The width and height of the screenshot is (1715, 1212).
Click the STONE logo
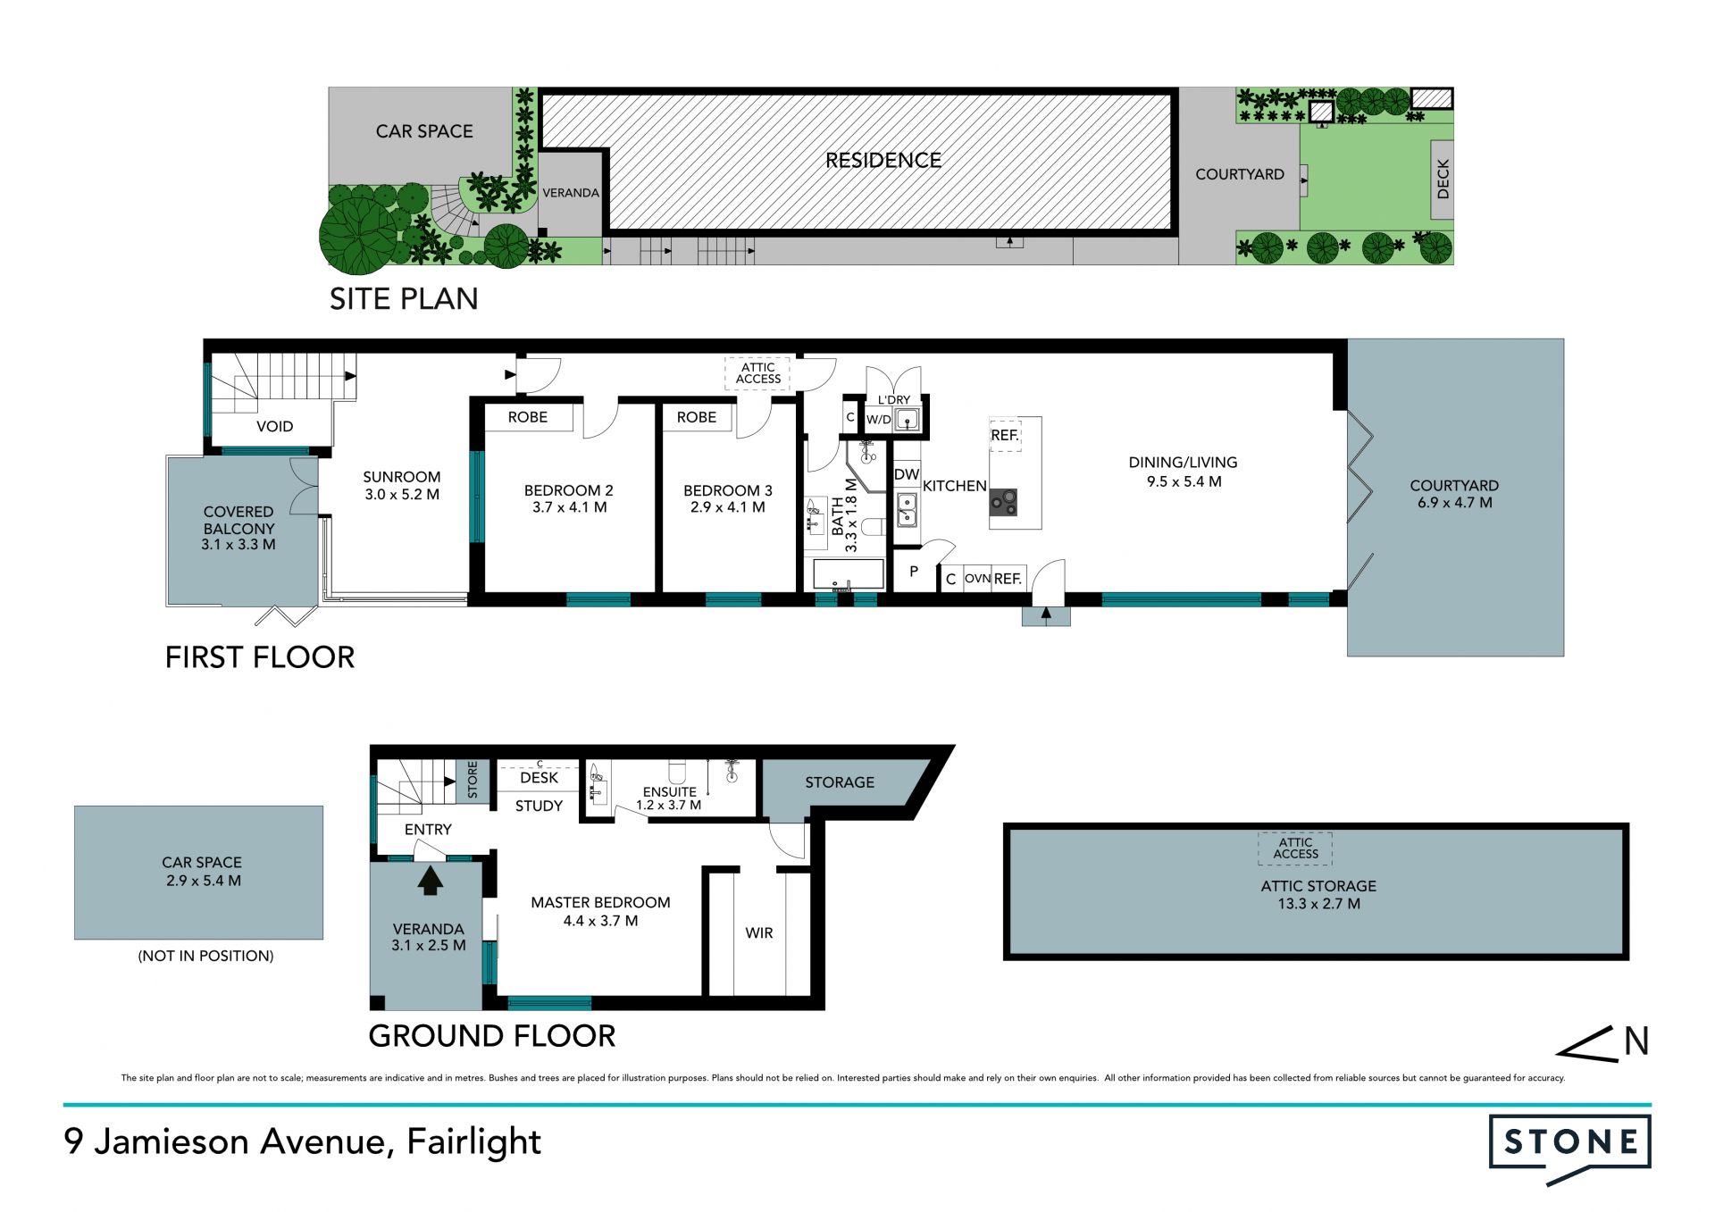tap(1569, 1149)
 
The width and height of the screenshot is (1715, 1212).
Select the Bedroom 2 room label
tap(568, 490)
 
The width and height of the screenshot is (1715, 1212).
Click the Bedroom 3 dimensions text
tap(727, 507)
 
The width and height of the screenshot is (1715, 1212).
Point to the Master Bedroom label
tap(600, 903)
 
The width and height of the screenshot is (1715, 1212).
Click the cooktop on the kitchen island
tap(1003, 502)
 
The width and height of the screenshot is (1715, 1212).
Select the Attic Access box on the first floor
tap(757, 373)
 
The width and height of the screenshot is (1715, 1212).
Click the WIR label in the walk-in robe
tap(759, 933)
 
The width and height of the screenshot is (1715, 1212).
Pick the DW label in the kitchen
tap(907, 474)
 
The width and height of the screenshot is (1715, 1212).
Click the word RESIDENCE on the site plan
tap(883, 161)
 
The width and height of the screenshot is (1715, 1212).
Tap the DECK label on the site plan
tap(1443, 180)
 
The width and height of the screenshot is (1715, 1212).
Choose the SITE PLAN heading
tap(404, 298)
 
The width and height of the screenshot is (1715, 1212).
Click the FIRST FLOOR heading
tap(260, 657)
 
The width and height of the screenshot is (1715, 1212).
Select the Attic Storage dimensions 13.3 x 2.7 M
tap(1318, 904)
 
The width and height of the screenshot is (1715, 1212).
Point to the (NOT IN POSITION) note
tap(205, 956)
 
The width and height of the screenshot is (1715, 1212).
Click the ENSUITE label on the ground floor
tap(669, 792)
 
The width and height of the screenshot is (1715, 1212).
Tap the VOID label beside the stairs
tap(274, 427)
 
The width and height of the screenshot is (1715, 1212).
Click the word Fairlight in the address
tap(473, 1142)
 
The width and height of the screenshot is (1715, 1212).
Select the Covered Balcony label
tap(238, 520)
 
